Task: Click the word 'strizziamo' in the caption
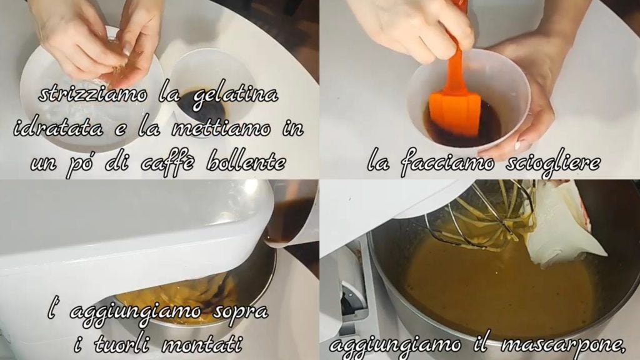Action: coord(92,94)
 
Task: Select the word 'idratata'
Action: coord(58,129)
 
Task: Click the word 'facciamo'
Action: coord(447,163)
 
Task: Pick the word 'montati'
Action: coord(201,345)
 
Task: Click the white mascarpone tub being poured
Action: coord(559,222)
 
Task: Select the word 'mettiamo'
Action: coord(221,129)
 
